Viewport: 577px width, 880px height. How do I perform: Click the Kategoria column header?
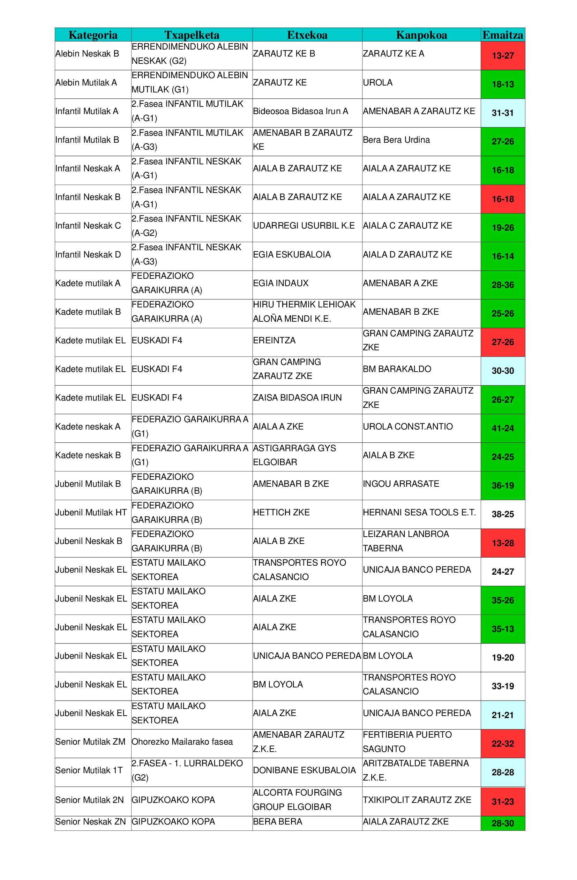click(93, 35)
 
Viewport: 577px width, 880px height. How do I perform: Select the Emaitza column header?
click(502, 35)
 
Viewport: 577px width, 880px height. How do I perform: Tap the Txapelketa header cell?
click(192, 35)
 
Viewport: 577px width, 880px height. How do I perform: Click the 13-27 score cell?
click(502, 56)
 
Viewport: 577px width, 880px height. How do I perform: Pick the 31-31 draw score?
click(502, 113)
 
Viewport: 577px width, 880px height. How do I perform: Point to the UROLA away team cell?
click(377, 82)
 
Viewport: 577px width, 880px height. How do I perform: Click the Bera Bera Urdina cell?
click(396, 140)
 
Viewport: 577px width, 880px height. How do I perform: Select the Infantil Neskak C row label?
click(88, 225)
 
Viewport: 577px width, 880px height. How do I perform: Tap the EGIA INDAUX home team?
click(280, 283)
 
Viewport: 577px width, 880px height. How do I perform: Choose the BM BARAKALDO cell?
click(397, 369)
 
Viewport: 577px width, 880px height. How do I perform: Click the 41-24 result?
click(502, 428)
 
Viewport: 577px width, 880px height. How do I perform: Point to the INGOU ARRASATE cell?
click(401, 484)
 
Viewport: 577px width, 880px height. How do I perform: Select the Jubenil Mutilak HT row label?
click(91, 513)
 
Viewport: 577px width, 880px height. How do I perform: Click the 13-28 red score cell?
click(502, 543)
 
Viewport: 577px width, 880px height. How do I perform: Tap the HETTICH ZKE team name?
click(281, 513)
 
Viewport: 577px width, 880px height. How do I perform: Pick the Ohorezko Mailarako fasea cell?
click(182, 742)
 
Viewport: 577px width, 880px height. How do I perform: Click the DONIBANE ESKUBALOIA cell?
click(304, 770)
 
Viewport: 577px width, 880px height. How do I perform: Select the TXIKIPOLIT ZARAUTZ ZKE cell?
click(417, 800)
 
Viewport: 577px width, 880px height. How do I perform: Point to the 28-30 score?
click(502, 823)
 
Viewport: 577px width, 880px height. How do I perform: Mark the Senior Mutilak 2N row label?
click(89, 800)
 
